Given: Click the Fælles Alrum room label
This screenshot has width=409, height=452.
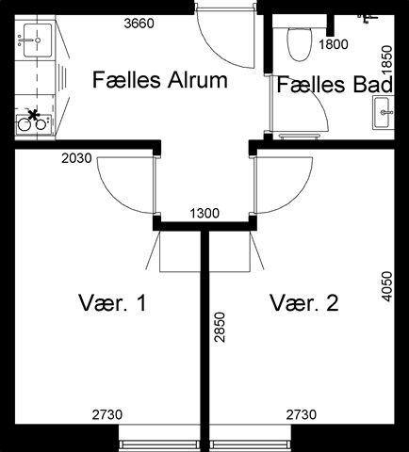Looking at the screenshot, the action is point(160,80).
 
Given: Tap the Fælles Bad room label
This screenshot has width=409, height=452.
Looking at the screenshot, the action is point(335,85).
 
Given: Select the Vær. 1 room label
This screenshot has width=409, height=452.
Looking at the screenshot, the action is point(112,303).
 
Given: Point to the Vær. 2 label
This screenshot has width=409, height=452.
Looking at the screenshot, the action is point(304,303).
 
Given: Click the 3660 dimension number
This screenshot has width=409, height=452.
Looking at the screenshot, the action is point(139,24).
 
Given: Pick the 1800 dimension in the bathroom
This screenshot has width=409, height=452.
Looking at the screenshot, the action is point(334,44).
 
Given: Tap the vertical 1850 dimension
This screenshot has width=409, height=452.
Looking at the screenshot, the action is point(387,60).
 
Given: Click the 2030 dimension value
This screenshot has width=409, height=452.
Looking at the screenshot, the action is point(76,158).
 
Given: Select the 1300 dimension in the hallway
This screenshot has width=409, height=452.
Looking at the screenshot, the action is point(204,214).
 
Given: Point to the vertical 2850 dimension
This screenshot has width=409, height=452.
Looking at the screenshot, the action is point(221,327).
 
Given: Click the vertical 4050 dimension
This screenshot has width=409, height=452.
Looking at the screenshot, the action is point(387,286).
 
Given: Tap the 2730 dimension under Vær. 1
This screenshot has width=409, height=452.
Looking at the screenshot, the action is point(107,414).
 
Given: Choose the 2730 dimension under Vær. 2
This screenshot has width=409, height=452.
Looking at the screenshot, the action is point(302,414).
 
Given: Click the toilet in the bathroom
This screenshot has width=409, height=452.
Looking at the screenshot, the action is point(300,44).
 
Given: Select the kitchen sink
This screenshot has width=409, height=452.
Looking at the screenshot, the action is point(38,40).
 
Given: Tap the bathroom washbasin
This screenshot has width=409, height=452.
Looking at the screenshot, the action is point(382,112).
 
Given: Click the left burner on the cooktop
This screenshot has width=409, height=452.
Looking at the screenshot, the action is point(25,125).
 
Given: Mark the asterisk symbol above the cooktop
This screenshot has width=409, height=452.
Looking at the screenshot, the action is point(34,115).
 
